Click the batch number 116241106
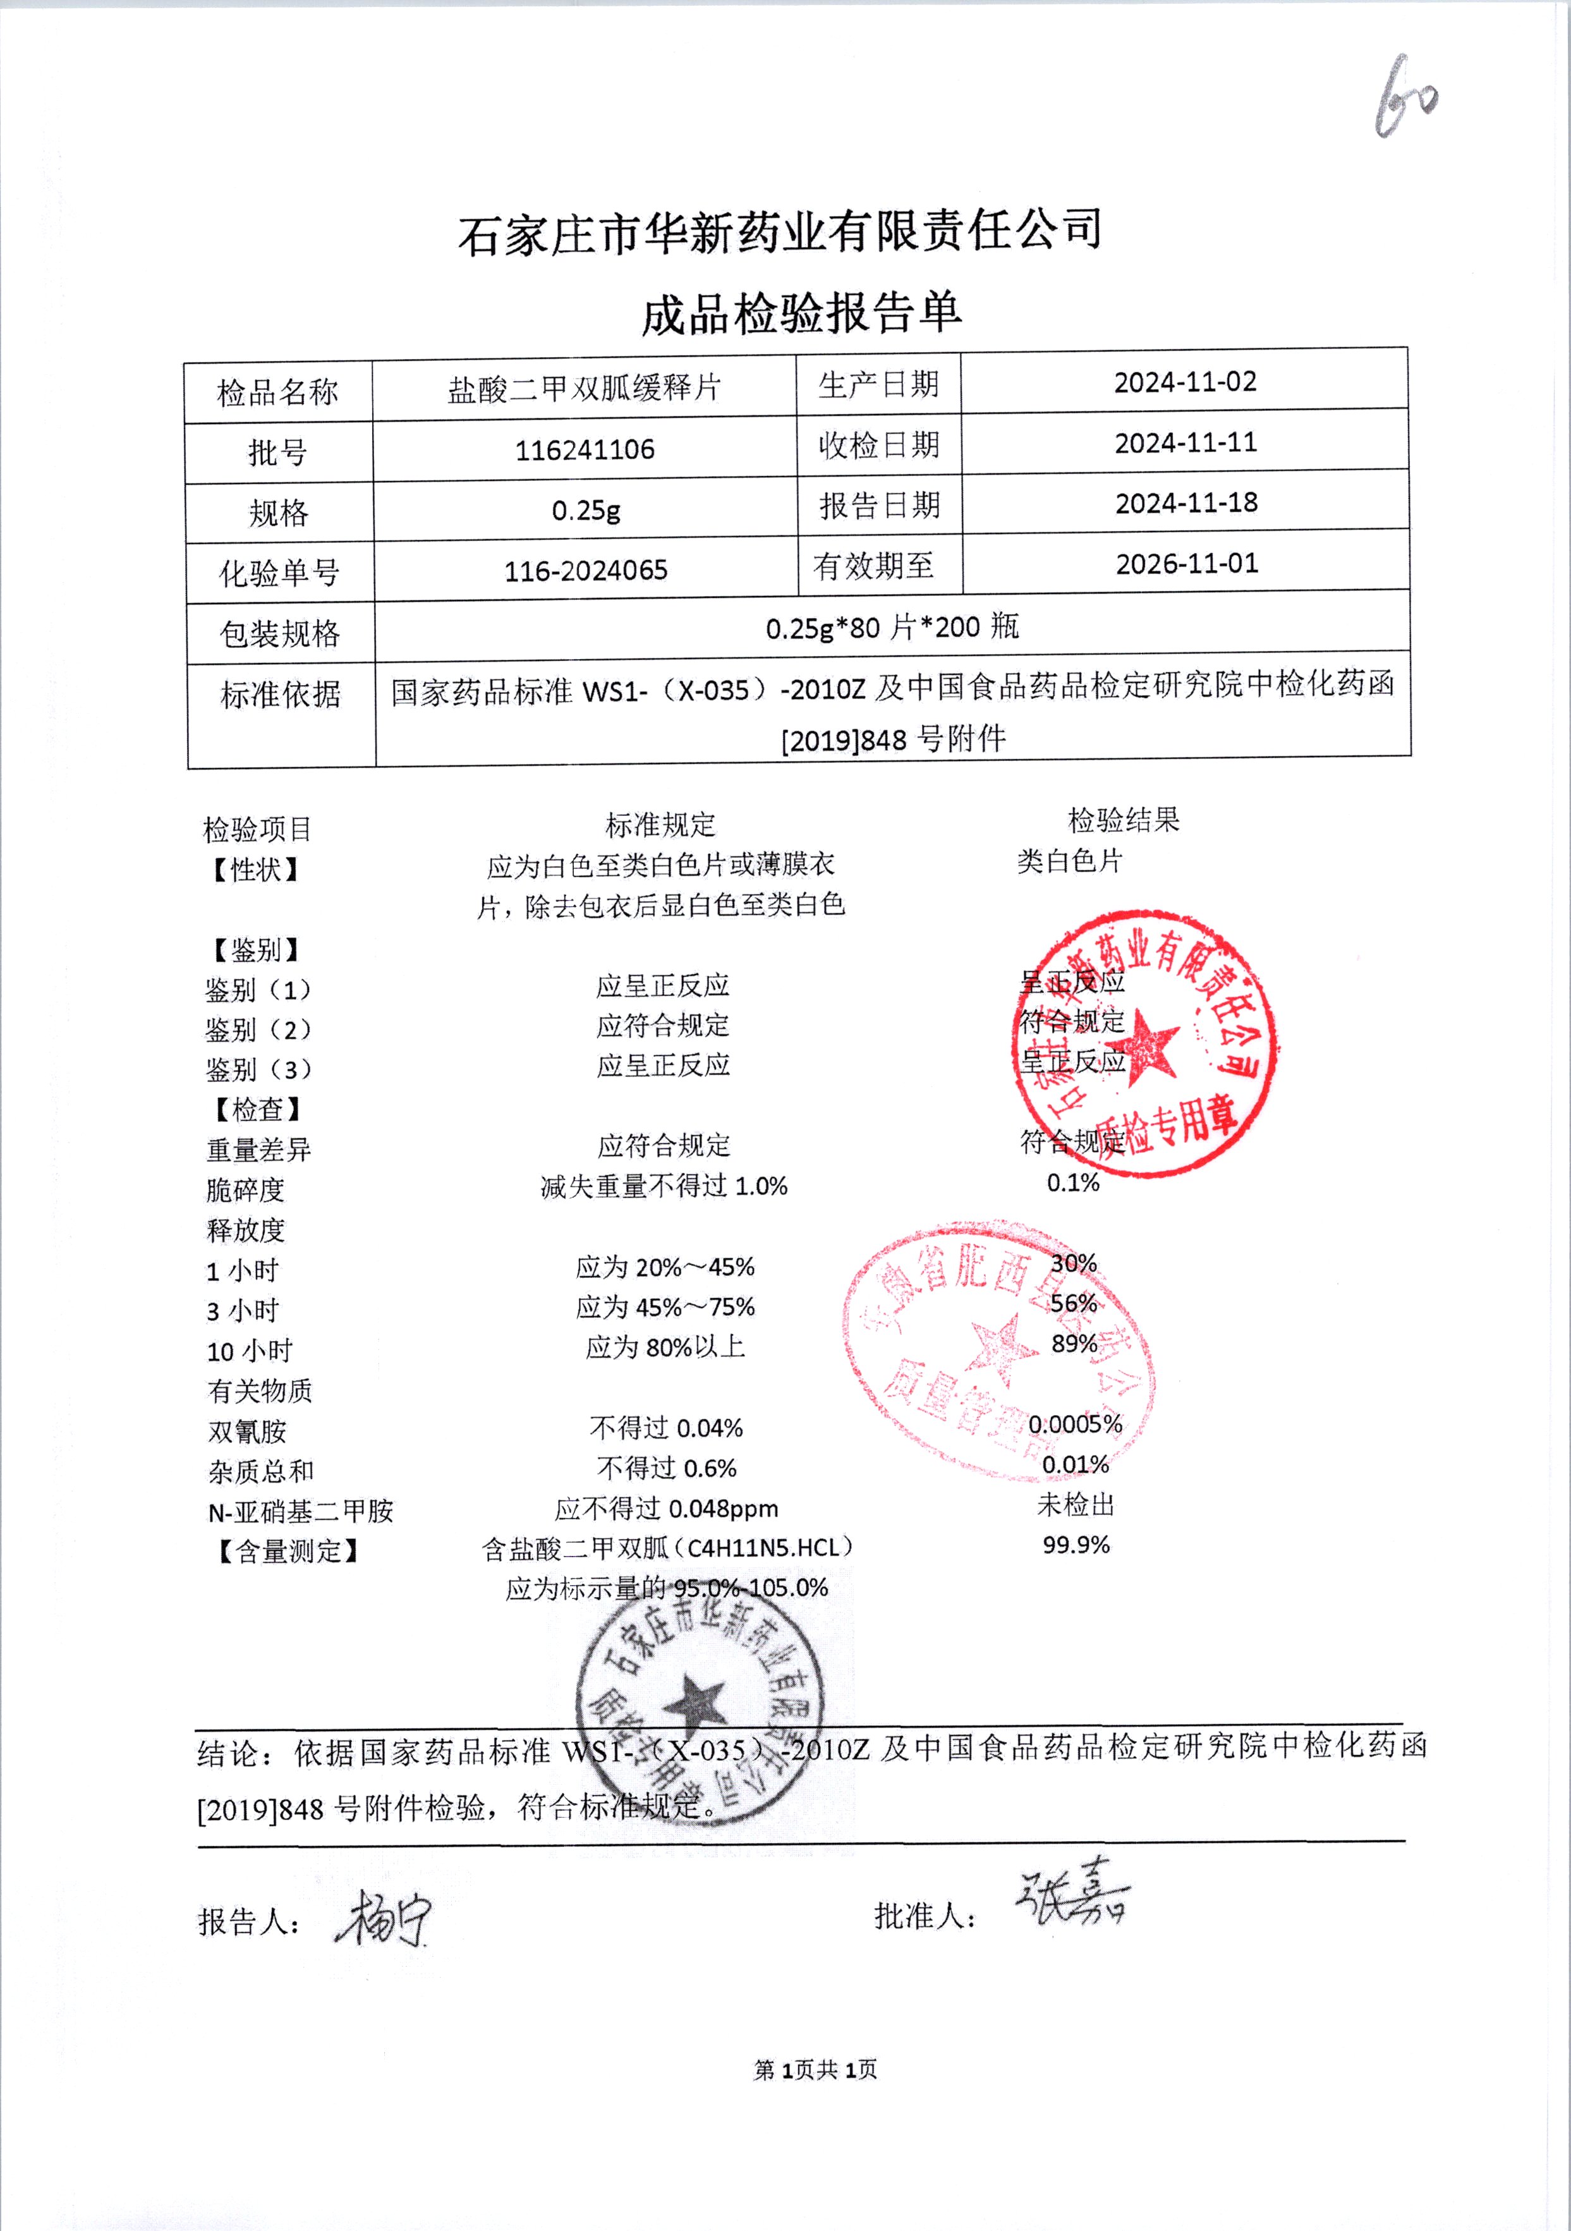pos(585,450)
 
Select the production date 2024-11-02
pos(1186,382)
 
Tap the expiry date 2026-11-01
pos(1186,564)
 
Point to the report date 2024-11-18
pos(1186,503)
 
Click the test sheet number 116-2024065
pos(586,570)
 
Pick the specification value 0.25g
pos(586,510)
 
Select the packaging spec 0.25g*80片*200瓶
pos(892,628)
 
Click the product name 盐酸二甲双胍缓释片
pos(584,389)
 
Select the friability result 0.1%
pos(1072,1182)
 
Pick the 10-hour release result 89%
pos(1074,1343)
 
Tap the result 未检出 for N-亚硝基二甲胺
pos(1076,1504)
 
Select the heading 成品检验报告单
pos(801,314)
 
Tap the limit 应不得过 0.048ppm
pos(667,1508)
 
